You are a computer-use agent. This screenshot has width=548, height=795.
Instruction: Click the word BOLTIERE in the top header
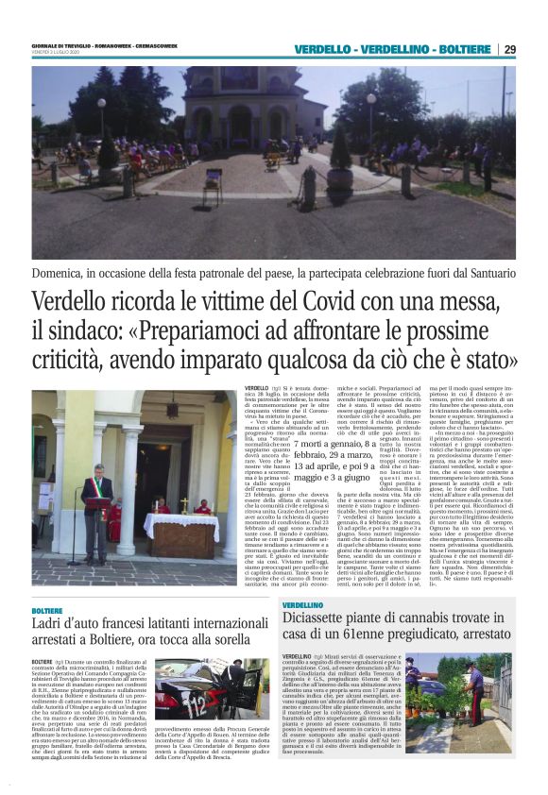468,49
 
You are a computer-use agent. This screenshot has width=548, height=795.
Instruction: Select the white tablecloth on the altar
163,524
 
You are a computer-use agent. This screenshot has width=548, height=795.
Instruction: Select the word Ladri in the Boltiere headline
49,627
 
